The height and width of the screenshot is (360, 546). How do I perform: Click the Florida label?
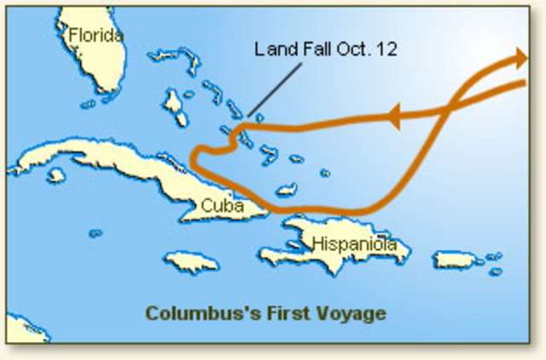96,36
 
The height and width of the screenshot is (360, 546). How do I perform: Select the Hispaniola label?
354,244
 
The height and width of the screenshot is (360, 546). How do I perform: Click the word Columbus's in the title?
200,313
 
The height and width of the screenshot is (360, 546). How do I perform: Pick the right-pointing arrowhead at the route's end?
520,60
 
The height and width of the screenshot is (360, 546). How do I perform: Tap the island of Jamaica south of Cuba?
192,261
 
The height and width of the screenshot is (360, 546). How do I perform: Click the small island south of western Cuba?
56,175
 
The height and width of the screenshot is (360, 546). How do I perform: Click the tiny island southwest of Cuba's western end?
96,233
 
